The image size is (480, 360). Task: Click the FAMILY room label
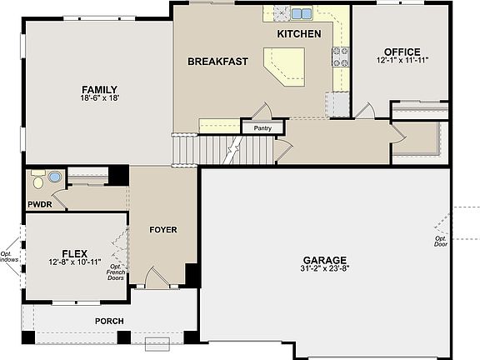(98, 90)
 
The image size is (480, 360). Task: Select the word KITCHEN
(298, 34)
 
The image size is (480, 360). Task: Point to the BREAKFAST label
(217, 62)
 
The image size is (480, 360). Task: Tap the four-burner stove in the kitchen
(341, 56)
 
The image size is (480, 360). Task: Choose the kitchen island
(285, 65)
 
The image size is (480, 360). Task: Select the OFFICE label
(402, 52)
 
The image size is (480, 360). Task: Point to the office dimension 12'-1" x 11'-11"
(402, 61)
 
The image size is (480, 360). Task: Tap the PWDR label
(40, 203)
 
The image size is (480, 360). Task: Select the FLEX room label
(75, 253)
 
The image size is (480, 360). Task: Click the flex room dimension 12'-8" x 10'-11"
(75, 262)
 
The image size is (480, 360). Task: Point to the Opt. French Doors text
(116, 272)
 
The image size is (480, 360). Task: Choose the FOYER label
(162, 230)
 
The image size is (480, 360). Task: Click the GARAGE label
(325, 260)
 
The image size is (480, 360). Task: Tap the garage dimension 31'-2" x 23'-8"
(325, 269)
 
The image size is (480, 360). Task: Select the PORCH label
(109, 320)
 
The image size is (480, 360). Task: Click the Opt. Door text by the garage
(441, 242)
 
